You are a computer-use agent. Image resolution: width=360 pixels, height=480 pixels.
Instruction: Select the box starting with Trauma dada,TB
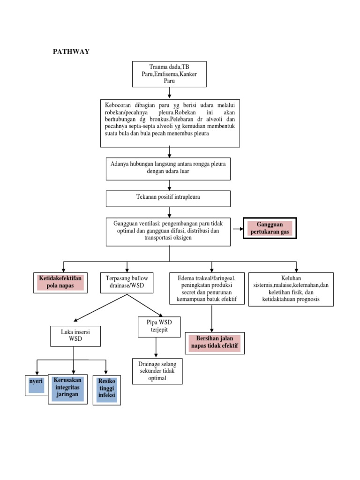pyautogui.click(x=169, y=75)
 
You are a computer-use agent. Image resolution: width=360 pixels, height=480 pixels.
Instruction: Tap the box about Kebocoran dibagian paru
pyautogui.click(x=170, y=123)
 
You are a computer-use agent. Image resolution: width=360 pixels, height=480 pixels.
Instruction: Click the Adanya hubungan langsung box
pyautogui.click(x=169, y=169)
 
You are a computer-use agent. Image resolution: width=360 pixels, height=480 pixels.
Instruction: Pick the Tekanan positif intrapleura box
pyautogui.click(x=169, y=198)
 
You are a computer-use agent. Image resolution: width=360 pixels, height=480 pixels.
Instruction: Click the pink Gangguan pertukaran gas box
pyautogui.click(x=270, y=228)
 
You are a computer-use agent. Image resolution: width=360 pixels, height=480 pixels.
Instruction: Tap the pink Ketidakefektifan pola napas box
pyautogui.click(x=60, y=282)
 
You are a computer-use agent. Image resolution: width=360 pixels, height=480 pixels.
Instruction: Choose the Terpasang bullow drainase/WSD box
pyautogui.click(x=127, y=282)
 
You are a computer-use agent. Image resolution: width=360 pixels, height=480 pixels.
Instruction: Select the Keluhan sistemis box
pyautogui.click(x=291, y=289)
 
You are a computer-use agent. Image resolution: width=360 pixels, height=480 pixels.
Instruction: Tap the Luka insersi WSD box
pyautogui.click(x=75, y=336)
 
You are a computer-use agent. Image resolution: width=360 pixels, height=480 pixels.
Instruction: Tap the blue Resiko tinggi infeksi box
pyautogui.click(x=107, y=389)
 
